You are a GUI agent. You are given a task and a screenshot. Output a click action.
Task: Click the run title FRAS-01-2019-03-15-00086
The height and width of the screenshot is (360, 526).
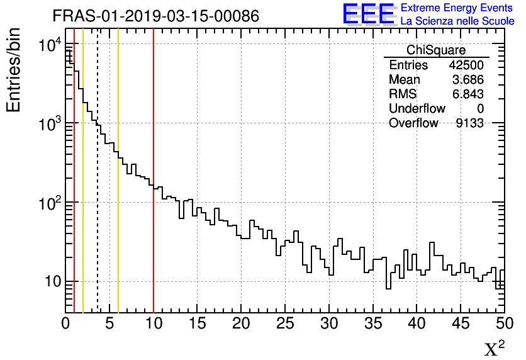point(155,16)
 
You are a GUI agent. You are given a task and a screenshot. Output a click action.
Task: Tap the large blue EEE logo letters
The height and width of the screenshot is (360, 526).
point(368,14)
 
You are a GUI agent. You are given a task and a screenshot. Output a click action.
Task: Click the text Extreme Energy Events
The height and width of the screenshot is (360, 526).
point(457,8)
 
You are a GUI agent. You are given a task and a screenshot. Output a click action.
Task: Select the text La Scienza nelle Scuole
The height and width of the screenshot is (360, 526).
point(457,21)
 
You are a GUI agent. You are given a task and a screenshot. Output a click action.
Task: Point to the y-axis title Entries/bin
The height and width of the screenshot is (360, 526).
point(14,70)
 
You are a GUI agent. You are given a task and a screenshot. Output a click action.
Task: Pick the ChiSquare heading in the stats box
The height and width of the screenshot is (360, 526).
point(436,50)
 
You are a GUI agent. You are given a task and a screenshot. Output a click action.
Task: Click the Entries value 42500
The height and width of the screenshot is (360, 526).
point(466,65)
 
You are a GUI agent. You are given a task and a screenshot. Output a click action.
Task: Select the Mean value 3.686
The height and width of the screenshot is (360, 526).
point(467,80)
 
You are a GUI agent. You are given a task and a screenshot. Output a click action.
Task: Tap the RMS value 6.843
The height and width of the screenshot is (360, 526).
point(467,94)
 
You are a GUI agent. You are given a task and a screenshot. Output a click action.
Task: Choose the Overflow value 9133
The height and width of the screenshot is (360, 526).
point(469,123)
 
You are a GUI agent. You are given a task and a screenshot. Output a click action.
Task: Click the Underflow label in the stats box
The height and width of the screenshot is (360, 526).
point(417,109)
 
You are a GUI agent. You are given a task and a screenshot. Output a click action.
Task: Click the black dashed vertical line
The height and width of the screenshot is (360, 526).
point(98,189)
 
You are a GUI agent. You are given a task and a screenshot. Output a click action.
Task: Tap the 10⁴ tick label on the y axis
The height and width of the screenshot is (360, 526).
point(48,45)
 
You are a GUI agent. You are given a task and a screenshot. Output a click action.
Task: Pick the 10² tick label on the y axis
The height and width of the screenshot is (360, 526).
point(48,203)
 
